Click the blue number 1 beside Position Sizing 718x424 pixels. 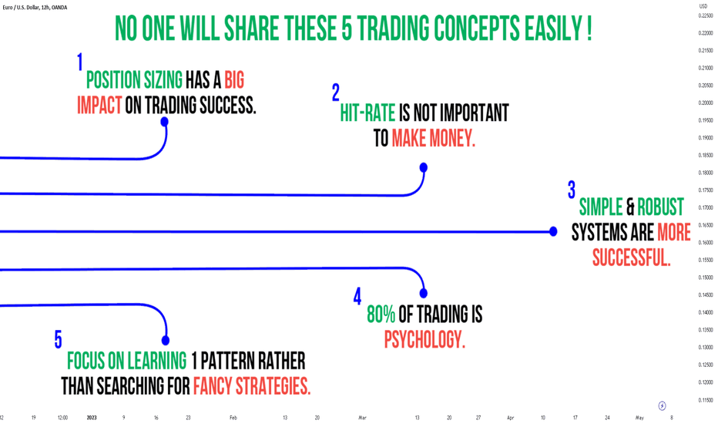(80, 62)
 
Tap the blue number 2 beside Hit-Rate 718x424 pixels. (336, 93)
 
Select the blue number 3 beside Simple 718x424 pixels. (572, 190)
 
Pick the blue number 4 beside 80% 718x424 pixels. (357, 296)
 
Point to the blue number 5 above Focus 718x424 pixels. (58, 340)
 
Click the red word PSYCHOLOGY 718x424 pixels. (424, 340)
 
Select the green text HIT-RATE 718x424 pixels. (367, 113)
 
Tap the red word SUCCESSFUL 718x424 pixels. (632, 257)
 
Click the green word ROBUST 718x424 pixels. (660, 207)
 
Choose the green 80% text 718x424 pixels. (381, 315)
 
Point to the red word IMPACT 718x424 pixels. (99, 105)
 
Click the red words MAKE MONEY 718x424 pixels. (433, 138)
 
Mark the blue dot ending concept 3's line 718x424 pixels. (553, 231)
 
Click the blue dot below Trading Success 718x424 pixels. (164, 122)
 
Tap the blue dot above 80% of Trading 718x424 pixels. (424, 293)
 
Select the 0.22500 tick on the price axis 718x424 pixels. (706, 15)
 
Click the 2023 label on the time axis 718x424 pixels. (92, 418)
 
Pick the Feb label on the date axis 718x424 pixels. (233, 418)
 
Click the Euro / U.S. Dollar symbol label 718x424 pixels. (35, 8)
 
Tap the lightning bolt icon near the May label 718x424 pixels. (662, 405)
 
